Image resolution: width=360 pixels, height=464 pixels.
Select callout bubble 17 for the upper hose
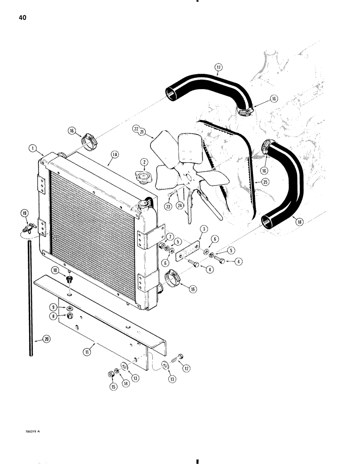pyautogui.click(x=219, y=67)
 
